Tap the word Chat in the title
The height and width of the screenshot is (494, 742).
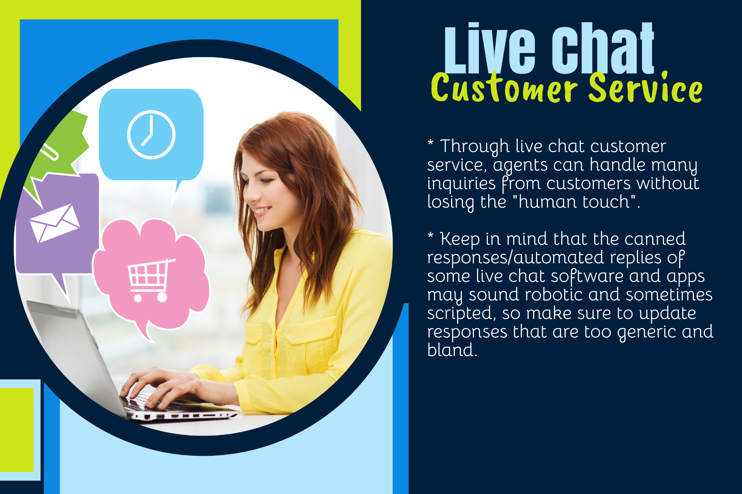click(x=603, y=50)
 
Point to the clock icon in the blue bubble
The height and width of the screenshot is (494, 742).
click(x=151, y=134)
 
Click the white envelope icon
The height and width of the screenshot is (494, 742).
click(x=55, y=223)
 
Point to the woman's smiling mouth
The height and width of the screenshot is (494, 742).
click(x=263, y=211)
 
